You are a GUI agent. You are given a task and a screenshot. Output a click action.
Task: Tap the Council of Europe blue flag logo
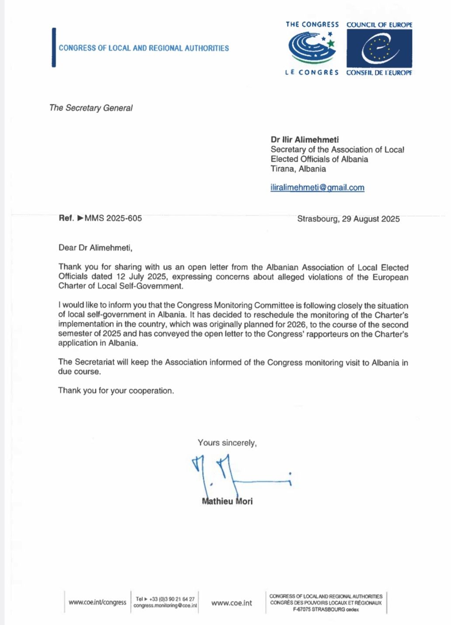point(379,48)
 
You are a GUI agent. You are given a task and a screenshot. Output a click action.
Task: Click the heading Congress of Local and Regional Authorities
point(144,48)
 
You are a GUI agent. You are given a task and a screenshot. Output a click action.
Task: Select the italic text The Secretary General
point(91,108)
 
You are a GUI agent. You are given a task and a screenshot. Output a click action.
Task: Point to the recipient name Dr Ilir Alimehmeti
point(305,140)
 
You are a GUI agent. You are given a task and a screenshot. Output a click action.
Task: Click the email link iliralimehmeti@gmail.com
point(317,187)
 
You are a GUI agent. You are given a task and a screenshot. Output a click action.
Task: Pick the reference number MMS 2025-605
point(113,218)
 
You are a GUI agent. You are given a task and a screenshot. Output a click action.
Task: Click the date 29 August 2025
point(371,219)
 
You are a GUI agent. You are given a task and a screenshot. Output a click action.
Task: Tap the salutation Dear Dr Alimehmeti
point(95,248)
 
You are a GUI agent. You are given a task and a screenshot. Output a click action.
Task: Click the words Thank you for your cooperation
point(116,390)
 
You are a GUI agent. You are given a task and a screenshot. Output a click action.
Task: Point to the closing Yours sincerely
point(227,443)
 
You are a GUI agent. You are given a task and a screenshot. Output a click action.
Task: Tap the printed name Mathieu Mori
point(227,501)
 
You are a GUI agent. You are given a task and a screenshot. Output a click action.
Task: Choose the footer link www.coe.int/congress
point(97,602)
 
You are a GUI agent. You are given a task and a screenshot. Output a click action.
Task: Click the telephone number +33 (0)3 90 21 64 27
point(172,599)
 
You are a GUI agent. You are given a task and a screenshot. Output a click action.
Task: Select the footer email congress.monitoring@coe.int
point(165,606)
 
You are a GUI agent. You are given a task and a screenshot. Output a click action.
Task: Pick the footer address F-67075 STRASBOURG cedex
point(326,609)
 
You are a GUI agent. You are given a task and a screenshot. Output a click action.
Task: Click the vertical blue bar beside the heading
point(54,48)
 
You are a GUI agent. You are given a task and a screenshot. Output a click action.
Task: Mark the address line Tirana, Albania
point(298,169)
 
